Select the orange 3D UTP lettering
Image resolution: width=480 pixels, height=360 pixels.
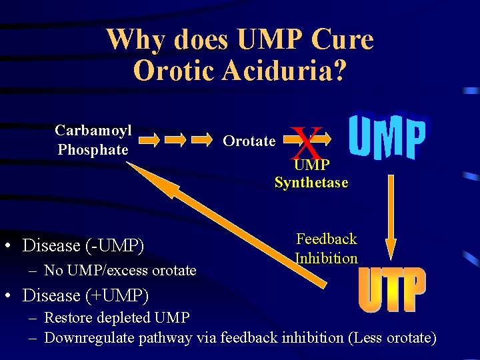(392, 291)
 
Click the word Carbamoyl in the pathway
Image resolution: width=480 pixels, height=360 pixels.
(93, 130)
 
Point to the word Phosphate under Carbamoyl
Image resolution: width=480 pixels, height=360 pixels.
(93, 150)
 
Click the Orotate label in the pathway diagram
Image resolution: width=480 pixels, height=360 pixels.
(249, 141)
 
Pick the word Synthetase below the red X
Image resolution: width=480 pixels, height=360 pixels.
(311, 183)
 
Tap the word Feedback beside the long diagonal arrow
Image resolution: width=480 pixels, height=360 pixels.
(327, 239)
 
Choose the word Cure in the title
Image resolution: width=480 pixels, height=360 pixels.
(343, 40)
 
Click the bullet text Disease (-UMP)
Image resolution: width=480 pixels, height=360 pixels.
(83, 245)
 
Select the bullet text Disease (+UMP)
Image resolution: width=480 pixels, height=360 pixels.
(85, 294)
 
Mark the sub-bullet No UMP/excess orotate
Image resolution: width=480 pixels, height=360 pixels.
(120, 270)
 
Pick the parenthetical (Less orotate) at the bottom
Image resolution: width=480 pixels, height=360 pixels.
(393, 338)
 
